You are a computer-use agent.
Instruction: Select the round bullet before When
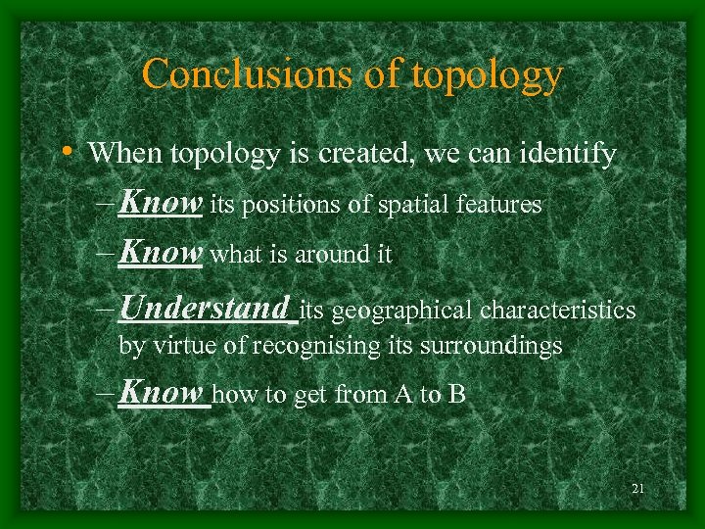click(x=65, y=152)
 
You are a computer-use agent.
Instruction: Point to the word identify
click(x=568, y=154)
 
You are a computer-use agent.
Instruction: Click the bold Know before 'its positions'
click(x=160, y=204)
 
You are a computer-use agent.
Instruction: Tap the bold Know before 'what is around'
click(x=160, y=254)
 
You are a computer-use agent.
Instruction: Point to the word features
click(x=503, y=205)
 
